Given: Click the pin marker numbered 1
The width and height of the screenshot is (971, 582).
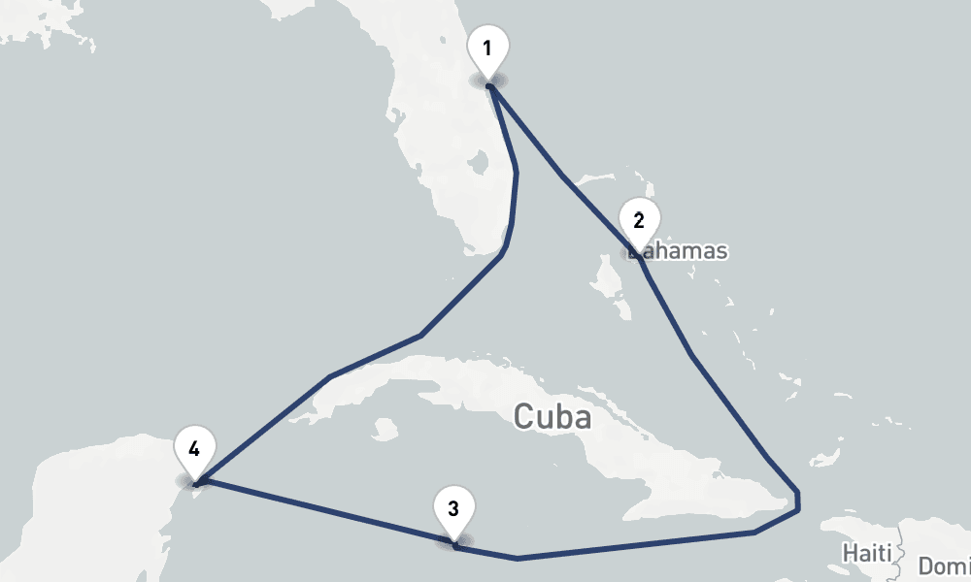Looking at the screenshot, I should [487, 48].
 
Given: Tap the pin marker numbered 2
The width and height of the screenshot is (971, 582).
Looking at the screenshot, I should [638, 221].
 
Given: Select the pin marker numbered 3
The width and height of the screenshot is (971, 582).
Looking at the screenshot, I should [453, 509].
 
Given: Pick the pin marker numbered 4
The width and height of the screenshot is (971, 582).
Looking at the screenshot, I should [194, 450].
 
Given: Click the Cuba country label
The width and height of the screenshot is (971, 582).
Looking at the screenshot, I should [552, 417].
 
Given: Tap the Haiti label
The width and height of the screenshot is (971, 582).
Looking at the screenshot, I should [865, 553].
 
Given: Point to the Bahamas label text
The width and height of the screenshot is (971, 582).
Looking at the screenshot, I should [680, 251].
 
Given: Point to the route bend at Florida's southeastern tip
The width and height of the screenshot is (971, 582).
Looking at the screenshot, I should [501, 254].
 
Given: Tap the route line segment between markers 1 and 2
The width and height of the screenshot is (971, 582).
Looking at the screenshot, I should [561, 175].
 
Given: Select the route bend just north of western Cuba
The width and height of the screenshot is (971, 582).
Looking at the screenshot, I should [331, 376].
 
